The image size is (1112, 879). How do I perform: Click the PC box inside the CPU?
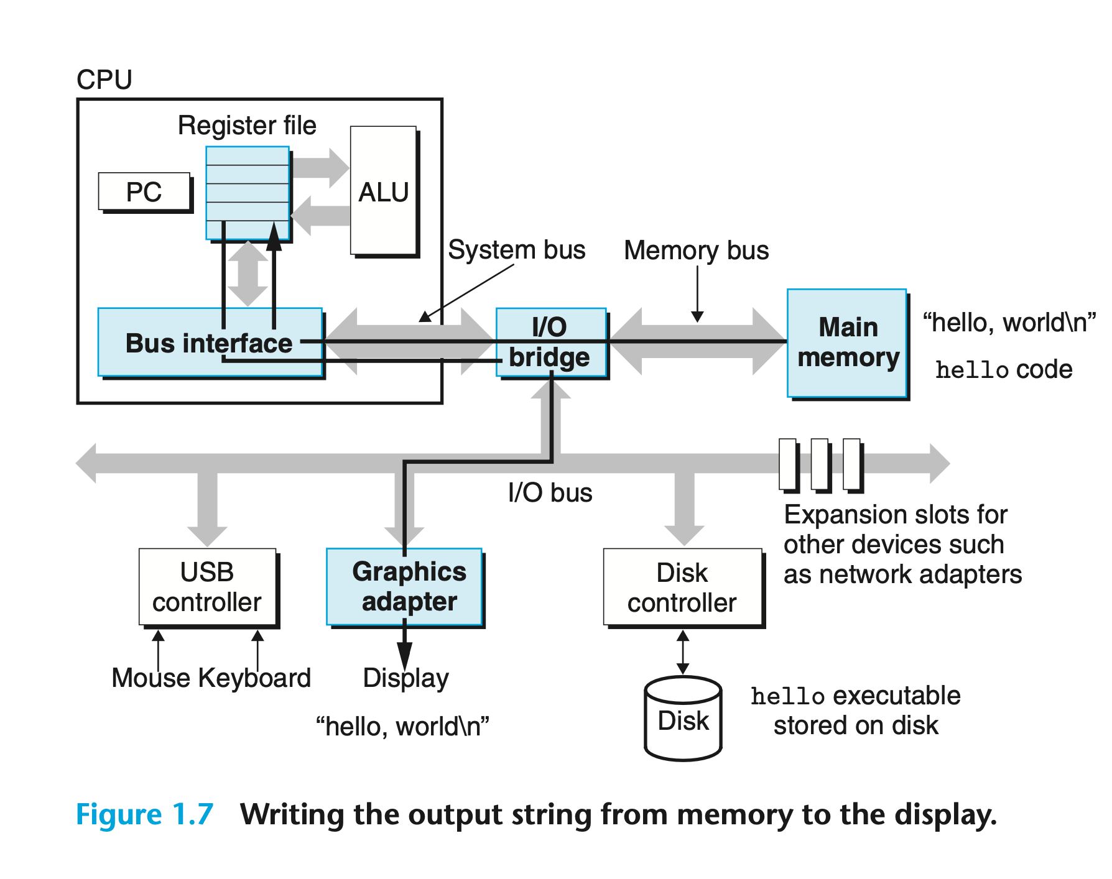coord(144,192)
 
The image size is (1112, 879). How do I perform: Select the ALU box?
coord(384,191)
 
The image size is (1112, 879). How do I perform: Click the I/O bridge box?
coord(550,343)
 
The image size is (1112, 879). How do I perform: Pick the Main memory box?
coord(847,343)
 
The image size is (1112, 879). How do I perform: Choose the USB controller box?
coord(207,587)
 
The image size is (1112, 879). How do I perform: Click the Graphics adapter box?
coord(405,587)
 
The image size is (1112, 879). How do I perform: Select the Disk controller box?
coord(682,587)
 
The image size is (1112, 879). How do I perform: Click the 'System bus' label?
coord(517,250)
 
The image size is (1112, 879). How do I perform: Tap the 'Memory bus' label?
coord(696,251)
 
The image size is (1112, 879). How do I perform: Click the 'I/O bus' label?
coord(550,493)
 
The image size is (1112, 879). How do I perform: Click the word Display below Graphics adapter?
coord(405,678)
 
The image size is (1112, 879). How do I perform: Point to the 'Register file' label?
coord(247,126)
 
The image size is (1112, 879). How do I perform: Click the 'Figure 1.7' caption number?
coord(144,814)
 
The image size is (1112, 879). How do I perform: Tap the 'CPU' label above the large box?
coord(104,80)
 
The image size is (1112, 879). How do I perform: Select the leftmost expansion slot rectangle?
coord(787,464)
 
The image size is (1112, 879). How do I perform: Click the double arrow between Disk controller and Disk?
coord(683,652)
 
